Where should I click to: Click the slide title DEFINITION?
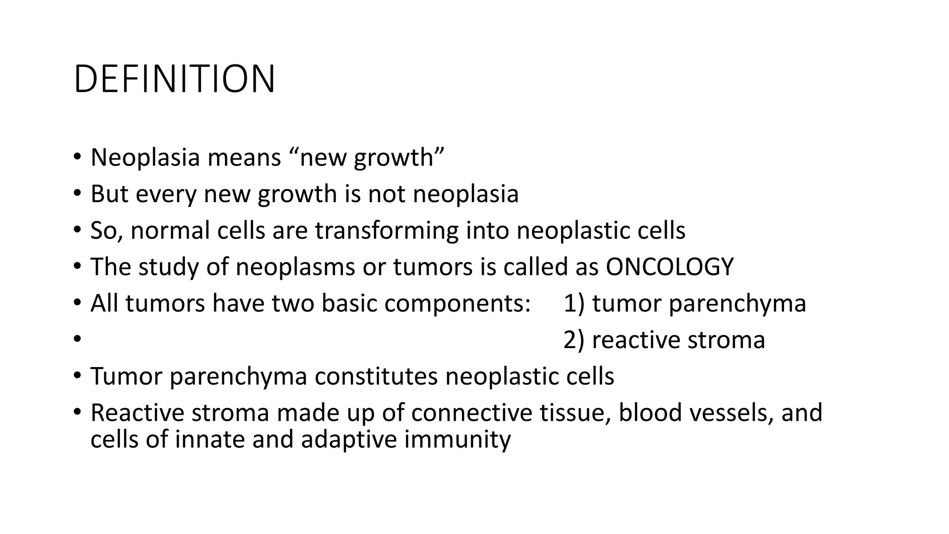(x=174, y=79)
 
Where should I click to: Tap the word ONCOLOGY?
(x=670, y=267)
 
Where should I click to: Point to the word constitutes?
(x=376, y=376)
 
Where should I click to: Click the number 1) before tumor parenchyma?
(x=574, y=304)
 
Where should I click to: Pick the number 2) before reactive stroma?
(x=574, y=340)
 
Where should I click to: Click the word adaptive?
(x=348, y=439)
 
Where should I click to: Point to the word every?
(x=166, y=194)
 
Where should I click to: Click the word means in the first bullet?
(x=244, y=158)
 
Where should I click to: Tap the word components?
(x=457, y=304)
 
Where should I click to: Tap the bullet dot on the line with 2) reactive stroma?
(x=76, y=338)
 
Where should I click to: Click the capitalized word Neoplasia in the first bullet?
(x=145, y=158)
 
